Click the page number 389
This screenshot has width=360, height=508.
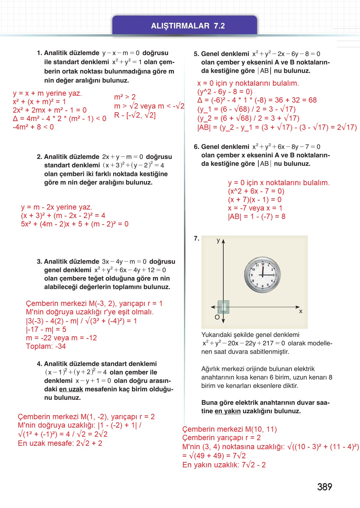pos(324,487)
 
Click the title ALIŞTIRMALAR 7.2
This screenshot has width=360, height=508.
pos(188,26)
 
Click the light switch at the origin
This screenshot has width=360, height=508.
pos(223,307)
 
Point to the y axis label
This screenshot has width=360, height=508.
pos(218,240)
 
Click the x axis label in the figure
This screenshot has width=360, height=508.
pos(301,311)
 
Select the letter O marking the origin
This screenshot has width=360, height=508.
pos(217,317)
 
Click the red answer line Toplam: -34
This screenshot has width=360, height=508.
pos(46,346)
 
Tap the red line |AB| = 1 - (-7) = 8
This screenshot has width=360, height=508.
pos(256,216)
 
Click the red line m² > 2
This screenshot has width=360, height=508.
pos(124,97)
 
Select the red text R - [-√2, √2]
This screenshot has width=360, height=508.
pos(135,115)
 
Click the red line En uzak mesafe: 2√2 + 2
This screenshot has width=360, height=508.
pos(60,443)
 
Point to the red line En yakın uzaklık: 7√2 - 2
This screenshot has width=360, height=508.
pos(224,465)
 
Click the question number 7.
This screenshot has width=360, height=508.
pos(196,239)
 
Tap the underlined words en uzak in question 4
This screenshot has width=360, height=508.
pos(71,389)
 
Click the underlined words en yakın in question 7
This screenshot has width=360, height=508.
pos(227,411)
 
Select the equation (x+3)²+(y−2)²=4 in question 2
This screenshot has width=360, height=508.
pos(133,165)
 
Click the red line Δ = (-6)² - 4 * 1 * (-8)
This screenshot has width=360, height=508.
pos(257,100)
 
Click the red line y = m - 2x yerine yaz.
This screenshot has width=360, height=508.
pos(57,207)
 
